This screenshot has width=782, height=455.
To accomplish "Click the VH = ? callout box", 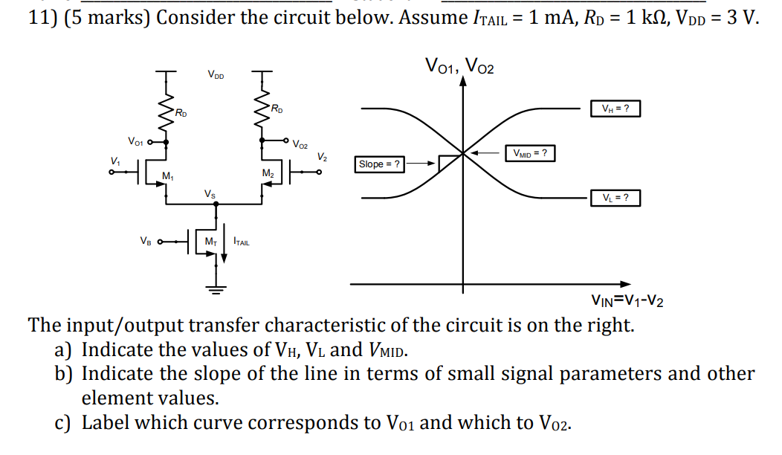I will tap(614, 109).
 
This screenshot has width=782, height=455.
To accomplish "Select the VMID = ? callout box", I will tap(530, 153).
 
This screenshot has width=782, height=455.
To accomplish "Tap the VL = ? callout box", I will tap(614, 198).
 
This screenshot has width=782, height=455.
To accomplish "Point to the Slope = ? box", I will tap(380, 164).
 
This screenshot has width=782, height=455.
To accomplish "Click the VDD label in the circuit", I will tap(216, 74).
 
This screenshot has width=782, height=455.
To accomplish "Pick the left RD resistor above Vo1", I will tap(165, 113).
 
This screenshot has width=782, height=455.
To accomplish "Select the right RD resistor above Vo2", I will tap(261, 112).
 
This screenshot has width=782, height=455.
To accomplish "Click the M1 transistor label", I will tap(168, 176).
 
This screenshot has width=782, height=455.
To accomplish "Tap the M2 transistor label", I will tap(267, 173).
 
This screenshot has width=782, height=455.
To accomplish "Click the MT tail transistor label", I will tap(211, 241).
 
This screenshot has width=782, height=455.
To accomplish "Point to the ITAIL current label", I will tap(242, 241).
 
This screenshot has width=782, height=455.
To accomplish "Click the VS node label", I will tap(211, 194).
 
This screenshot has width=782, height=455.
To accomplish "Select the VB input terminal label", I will tap(146, 240).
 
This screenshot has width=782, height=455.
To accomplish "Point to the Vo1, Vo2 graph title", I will tap(459, 66).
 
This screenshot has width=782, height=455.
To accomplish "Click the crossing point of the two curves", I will tap(463, 154).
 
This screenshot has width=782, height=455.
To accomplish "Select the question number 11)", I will tap(43, 18).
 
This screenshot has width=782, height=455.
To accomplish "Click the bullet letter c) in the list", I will tap(66, 423).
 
